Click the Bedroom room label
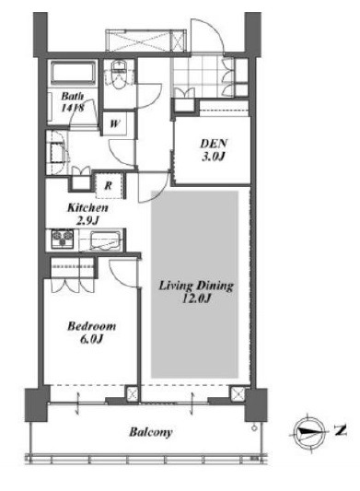coord(91,326)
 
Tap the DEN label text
coord(214,144)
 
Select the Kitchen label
coord(88,207)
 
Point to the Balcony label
coord(151,432)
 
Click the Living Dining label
coord(196,286)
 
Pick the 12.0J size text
coord(196,298)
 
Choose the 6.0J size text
coord(91,339)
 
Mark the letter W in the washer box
coord(115,123)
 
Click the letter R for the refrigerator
coord(108,186)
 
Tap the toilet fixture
coord(119,75)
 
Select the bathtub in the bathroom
coord(74,73)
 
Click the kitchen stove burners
coord(63,239)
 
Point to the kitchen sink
coord(106,240)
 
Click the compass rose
coord(308,431)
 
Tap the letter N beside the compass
coord(340,430)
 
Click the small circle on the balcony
coord(254,427)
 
